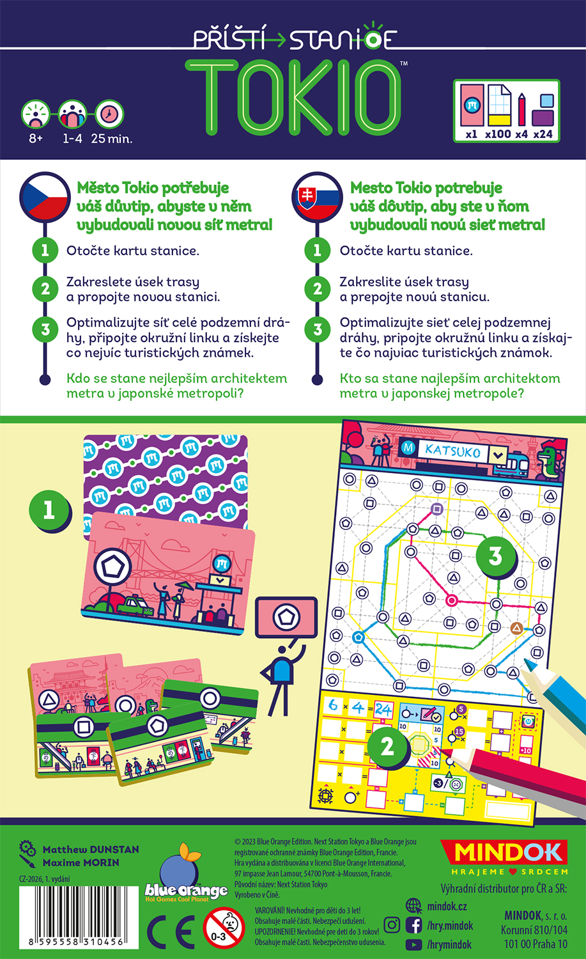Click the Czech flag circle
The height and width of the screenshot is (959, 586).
coord(45,197)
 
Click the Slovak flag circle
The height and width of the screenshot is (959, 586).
coord(318,197)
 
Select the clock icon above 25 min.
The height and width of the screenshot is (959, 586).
coord(109,114)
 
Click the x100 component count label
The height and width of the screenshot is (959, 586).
coord(498,134)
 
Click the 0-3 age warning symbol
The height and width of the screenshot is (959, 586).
coord(224,928)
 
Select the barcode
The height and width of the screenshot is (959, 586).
coord(79,917)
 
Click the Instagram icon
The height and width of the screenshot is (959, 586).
coord(392,924)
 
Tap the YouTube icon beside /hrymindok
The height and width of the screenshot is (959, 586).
coord(413,944)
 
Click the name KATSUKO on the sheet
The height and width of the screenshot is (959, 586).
coord(452,451)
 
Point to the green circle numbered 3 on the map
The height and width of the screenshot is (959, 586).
coord(496,557)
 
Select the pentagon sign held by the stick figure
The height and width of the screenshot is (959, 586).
coord(286,617)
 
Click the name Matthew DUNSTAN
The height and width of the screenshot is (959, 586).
coord(91,850)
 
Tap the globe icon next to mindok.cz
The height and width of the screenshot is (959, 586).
coord(413,906)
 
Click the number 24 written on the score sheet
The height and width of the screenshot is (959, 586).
coord(383,710)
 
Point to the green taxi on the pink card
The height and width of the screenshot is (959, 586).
coord(135,606)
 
